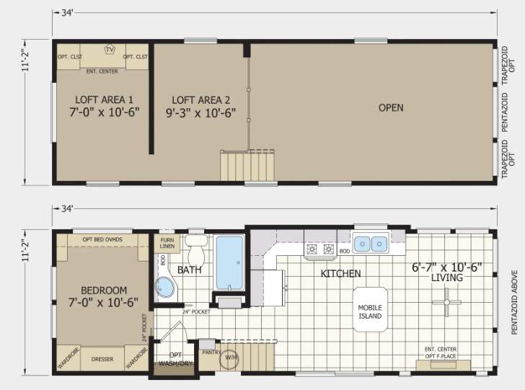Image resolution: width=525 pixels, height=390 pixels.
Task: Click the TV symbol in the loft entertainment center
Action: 110,50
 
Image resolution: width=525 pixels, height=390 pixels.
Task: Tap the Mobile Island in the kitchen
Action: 370,309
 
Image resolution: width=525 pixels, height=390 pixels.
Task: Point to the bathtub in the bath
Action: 229,263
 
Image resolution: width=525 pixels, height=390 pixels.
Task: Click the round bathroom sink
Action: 164,287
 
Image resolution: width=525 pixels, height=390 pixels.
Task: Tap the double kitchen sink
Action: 371,244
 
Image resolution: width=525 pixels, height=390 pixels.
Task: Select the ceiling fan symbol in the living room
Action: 446,302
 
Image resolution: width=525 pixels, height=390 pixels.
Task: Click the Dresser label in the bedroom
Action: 102,359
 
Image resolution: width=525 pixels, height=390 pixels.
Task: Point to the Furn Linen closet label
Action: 167,243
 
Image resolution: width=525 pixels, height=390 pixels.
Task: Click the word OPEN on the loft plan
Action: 391,108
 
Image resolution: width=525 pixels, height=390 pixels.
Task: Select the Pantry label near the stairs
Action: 211,353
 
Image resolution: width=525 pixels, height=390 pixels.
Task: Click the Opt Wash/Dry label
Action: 175,359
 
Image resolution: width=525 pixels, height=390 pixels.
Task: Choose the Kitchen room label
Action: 340,273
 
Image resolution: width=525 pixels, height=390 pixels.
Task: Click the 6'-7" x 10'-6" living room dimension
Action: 446,267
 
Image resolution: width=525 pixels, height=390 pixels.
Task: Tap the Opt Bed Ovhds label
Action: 102,239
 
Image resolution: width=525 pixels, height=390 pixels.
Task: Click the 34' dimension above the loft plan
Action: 67,13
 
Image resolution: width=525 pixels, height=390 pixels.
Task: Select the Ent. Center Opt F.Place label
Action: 441,353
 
